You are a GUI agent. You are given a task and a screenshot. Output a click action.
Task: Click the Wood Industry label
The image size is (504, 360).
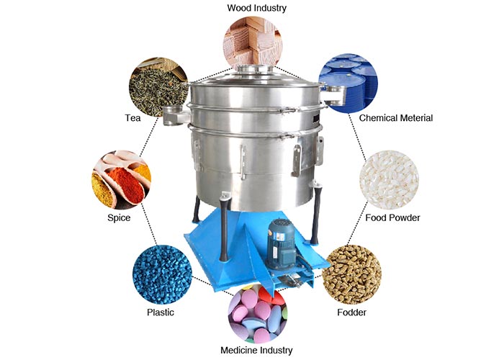tap(256, 8)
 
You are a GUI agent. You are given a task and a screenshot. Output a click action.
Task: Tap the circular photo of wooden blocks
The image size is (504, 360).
tap(253, 42)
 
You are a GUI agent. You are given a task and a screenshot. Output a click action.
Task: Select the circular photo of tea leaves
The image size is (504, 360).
tap(158, 87)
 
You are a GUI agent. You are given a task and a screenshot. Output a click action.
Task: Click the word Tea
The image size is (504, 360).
tap(132, 118)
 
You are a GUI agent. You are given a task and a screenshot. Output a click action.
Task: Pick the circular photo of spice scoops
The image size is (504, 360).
tap(121, 180)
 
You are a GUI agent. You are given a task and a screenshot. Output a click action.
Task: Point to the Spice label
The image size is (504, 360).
tap(119, 218)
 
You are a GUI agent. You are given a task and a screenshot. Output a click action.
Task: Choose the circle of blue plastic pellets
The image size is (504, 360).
tap(162, 274)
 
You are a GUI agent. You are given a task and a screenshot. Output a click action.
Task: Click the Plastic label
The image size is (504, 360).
tap(161, 312)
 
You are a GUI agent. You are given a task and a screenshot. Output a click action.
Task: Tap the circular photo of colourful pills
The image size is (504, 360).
tap(257, 314)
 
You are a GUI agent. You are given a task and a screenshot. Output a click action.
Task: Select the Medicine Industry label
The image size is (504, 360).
tap(256, 350)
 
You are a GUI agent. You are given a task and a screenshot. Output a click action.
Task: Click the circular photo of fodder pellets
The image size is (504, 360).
tap(351, 274)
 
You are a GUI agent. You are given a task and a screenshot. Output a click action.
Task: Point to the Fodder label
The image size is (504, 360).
tap(351, 312)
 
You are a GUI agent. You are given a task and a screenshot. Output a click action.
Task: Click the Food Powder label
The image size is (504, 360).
tap(392, 218)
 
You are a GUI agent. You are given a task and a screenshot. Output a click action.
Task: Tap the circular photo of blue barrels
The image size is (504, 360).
tap(348, 84)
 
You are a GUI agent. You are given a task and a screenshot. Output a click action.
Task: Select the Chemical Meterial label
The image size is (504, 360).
tap(396, 118)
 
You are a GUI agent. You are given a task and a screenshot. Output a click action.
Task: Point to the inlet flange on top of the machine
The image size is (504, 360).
tap(255, 69)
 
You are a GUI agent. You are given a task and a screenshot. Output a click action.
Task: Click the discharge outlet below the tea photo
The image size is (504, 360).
tap(175, 115)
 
